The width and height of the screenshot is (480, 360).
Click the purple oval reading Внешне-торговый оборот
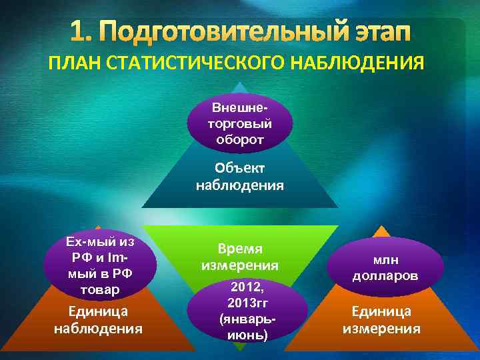click(239, 124)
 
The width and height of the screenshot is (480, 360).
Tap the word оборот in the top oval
click(240, 140)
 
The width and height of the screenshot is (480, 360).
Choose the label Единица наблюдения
click(98, 320)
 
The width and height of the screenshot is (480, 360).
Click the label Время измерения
click(240, 257)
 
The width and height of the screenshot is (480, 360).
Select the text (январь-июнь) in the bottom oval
click(247, 326)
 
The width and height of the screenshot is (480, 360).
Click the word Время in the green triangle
click(240, 249)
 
